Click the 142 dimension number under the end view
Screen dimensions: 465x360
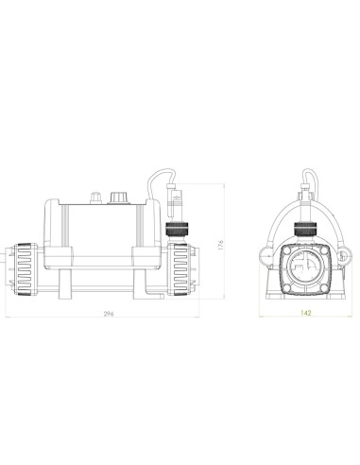tap(301, 318)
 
